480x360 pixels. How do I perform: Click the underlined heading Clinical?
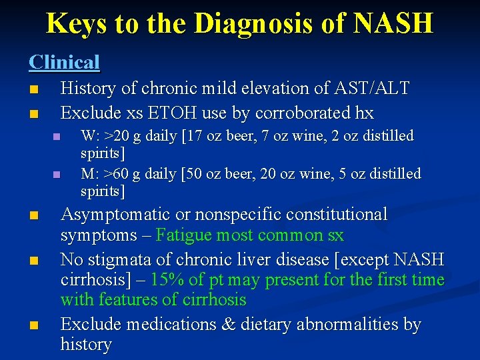[64, 62]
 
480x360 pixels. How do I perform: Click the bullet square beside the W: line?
[57, 137]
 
